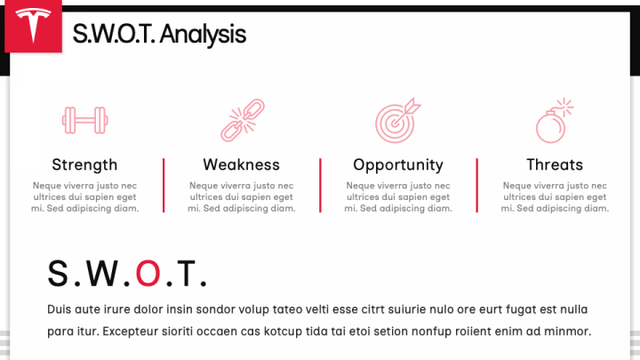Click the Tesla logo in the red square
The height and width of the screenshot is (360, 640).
(33, 25)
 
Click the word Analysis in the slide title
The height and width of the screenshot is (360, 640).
(203, 35)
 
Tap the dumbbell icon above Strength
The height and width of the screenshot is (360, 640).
(85, 120)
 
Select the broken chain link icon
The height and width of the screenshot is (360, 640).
(243, 120)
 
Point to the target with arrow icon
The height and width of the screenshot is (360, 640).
(397, 120)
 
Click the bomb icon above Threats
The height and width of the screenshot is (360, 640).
(555, 120)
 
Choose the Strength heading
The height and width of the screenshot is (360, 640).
(84, 165)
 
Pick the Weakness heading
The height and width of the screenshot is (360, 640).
(241, 164)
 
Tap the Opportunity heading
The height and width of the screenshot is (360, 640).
(398, 165)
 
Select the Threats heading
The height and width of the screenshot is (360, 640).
(555, 164)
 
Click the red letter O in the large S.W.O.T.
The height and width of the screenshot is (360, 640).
(148, 274)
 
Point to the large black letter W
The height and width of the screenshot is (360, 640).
(102, 274)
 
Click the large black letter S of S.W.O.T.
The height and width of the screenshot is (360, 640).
(58, 274)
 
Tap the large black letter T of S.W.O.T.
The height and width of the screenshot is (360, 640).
(186, 274)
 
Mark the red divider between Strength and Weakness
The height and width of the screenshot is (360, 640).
(164, 185)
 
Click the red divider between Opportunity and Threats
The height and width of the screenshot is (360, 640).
(476, 185)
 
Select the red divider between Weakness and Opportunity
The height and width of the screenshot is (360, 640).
(320, 185)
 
